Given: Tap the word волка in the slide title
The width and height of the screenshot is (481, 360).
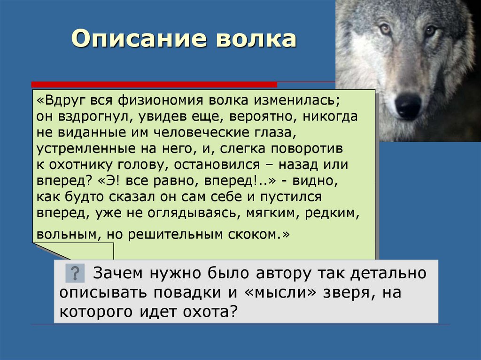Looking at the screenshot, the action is point(256,38).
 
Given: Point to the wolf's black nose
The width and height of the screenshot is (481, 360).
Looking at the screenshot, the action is point(408,105).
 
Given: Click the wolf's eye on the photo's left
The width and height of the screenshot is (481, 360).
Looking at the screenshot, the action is point(385,29).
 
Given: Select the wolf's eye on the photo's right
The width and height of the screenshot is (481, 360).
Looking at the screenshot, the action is point(430,31).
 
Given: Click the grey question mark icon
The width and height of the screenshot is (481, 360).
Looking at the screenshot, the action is point(75,273).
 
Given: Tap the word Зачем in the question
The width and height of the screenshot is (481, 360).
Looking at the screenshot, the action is point(118,273).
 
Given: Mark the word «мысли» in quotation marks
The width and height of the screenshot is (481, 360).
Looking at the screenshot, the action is point(281,292).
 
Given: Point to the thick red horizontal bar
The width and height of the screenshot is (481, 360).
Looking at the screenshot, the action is point(154,84).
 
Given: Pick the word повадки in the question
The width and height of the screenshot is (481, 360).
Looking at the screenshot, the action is point(187,292).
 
